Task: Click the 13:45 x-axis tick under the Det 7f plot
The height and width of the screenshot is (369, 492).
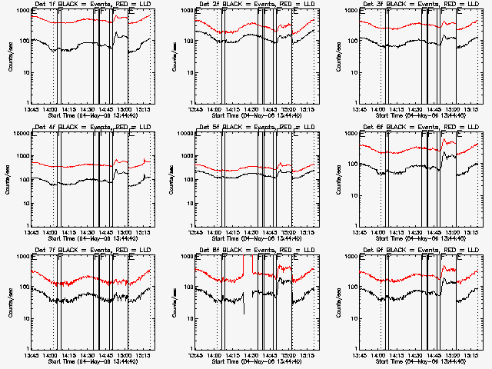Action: (32, 355)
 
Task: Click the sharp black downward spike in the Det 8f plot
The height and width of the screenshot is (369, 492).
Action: (244, 311)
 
